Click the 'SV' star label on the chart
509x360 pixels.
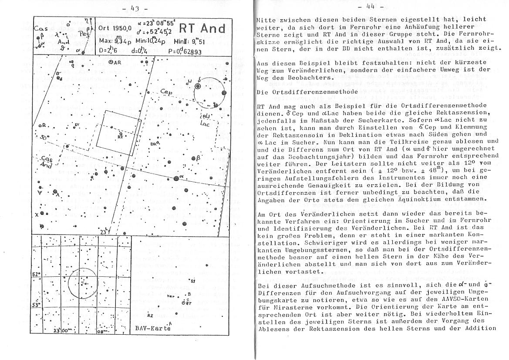(77, 125)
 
